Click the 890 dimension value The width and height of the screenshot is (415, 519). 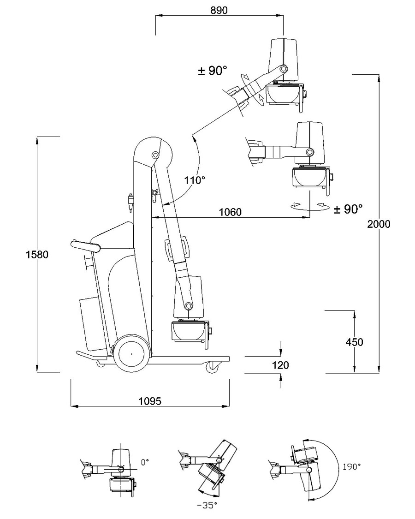click(219, 11)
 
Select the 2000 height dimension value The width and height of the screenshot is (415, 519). click(379, 224)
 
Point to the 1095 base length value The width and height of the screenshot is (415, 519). click(150, 401)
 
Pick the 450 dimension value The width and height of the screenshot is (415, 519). click(354, 342)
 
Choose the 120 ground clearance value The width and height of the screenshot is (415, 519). click(281, 365)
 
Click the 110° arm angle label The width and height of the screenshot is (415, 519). click(194, 180)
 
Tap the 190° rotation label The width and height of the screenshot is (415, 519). click(351, 467)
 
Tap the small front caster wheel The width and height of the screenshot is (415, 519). click(213, 367)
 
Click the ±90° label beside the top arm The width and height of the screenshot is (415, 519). click(213, 71)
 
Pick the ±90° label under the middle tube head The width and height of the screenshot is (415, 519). click(348, 209)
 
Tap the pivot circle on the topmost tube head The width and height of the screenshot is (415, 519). click(283, 69)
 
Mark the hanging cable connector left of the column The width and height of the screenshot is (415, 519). click(130, 201)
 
